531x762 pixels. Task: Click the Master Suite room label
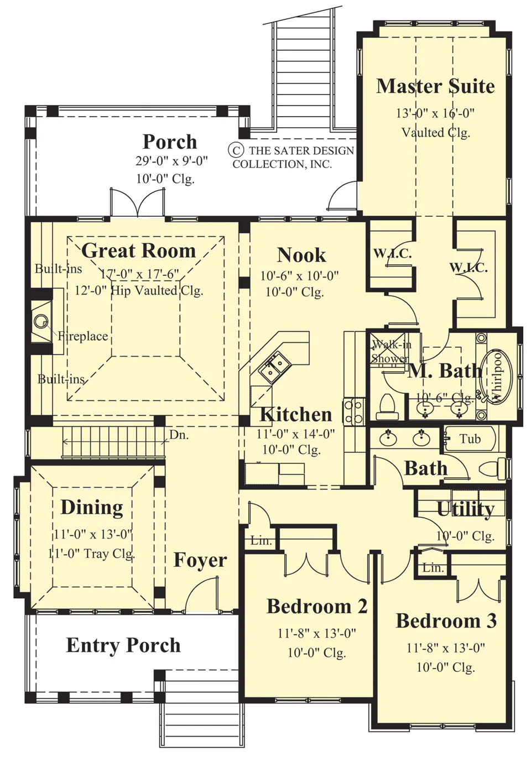pyautogui.click(x=435, y=86)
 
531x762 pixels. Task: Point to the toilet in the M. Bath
pyautogui.click(x=387, y=407)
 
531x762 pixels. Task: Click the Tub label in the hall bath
pyautogui.click(x=470, y=439)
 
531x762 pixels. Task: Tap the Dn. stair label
pyautogui.click(x=179, y=435)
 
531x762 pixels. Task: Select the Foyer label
pyautogui.click(x=200, y=560)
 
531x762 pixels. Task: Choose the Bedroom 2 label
pyautogui.click(x=317, y=606)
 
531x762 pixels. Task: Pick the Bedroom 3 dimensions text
pyautogui.click(x=446, y=648)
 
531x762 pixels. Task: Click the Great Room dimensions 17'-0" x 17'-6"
pyautogui.click(x=139, y=274)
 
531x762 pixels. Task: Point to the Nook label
pyautogui.click(x=301, y=255)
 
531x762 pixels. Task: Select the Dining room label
pyautogui.click(x=92, y=507)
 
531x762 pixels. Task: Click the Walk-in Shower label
pyautogui.click(x=391, y=352)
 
